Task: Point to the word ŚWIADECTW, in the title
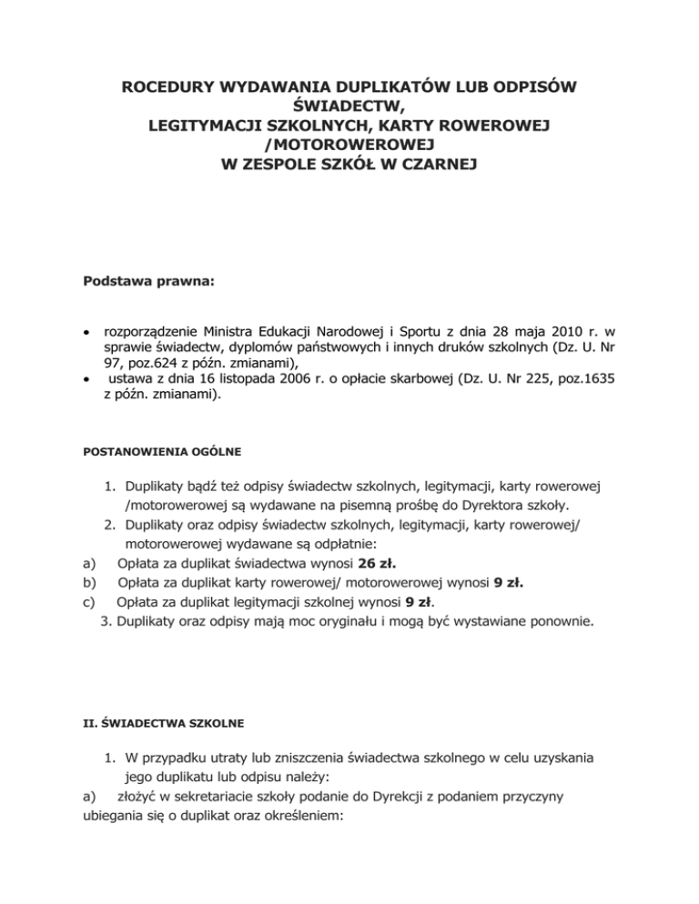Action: [349, 107]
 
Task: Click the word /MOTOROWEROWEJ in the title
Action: [349, 146]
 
